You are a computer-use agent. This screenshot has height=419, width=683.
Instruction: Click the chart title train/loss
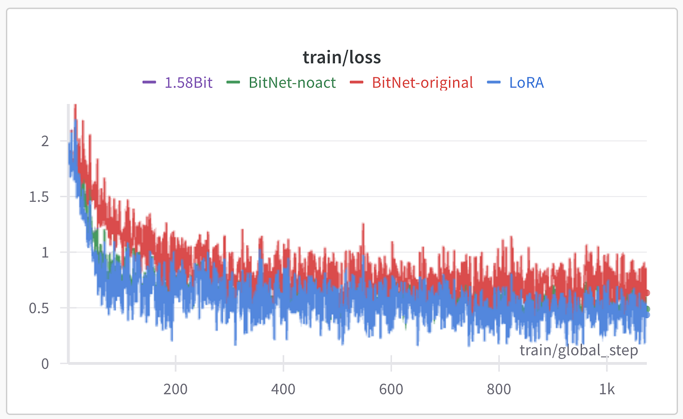coord(341,57)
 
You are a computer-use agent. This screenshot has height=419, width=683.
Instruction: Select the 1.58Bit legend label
coord(189,82)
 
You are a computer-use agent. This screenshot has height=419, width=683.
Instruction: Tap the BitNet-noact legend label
coord(292,82)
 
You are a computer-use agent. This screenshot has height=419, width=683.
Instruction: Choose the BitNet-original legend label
coord(422,82)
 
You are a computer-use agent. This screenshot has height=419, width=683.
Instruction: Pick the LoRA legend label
coord(527,82)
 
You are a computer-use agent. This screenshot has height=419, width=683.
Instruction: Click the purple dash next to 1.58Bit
coord(149,82)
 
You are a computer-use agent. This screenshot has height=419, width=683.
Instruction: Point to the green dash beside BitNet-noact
coord(233,82)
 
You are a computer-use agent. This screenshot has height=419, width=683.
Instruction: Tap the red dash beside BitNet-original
coord(357,82)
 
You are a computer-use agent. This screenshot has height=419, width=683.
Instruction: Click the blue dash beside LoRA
coord(494,82)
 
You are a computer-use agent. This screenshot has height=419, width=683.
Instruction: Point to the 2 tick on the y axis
coord(45,141)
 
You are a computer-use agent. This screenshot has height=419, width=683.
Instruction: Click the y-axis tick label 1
coord(45,252)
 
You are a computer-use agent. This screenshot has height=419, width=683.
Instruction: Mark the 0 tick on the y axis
coord(45,363)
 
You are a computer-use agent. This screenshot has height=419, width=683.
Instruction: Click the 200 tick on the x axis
coord(176,389)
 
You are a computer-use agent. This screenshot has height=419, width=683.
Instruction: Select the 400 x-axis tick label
coord(283,389)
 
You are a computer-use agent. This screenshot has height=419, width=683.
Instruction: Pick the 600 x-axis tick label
coord(391,389)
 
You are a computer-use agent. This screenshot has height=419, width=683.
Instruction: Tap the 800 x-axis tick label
coord(499,389)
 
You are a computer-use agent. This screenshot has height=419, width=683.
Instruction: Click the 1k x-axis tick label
coord(607,389)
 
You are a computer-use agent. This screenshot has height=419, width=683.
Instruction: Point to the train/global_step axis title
coord(578,350)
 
